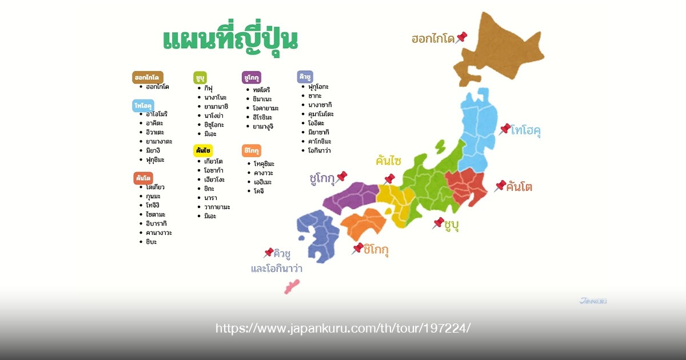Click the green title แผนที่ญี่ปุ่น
tap(230, 39)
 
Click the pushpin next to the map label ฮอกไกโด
tap(461, 37)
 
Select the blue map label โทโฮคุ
tap(527, 130)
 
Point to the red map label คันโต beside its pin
tap(520, 186)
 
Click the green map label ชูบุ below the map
tap(452, 225)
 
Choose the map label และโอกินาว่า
tap(277, 268)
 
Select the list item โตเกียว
tap(156, 187)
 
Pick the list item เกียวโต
tap(213, 161)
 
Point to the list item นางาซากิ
tap(320, 105)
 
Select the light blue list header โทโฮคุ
tap(143, 106)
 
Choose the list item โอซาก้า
tap(213, 170)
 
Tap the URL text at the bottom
tap(343, 329)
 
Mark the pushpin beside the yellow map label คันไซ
tap(390, 178)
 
